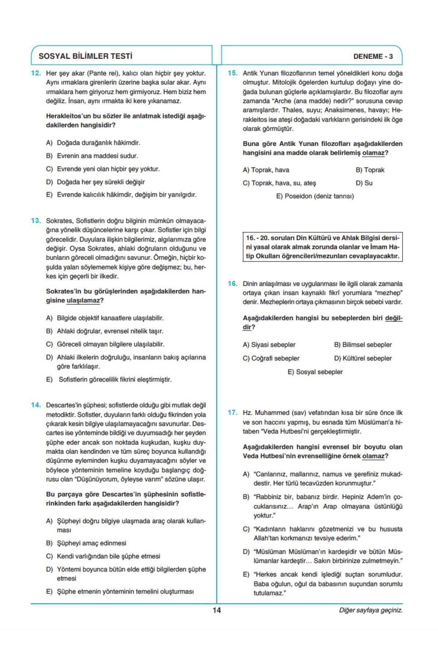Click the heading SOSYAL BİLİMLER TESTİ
(85, 56)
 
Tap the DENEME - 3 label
(373, 57)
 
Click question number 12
(36, 73)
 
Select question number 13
(36, 221)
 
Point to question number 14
(36, 405)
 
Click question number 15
(233, 73)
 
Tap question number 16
(233, 284)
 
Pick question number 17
(233, 413)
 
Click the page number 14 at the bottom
(217, 610)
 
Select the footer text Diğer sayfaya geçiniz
(371, 610)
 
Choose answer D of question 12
(96, 182)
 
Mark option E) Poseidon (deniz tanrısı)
(315, 196)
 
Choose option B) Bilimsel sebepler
(363, 345)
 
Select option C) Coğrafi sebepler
(271, 358)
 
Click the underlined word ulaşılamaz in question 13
(83, 300)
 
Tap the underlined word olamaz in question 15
(373, 153)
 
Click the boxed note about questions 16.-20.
(323, 247)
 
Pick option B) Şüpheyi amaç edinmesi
(86, 543)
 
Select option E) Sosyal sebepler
(315, 372)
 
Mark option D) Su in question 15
(364, 183)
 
